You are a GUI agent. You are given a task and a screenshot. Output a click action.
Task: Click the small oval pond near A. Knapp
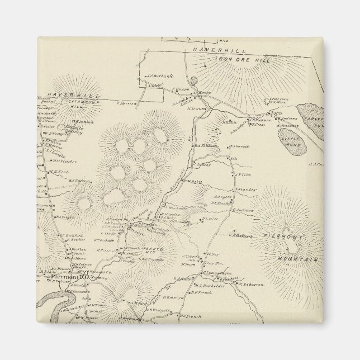pyautogui.click(x=193, y=80)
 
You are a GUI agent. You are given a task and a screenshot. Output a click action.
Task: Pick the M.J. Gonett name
pyautogui.click(x=239, y=146)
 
